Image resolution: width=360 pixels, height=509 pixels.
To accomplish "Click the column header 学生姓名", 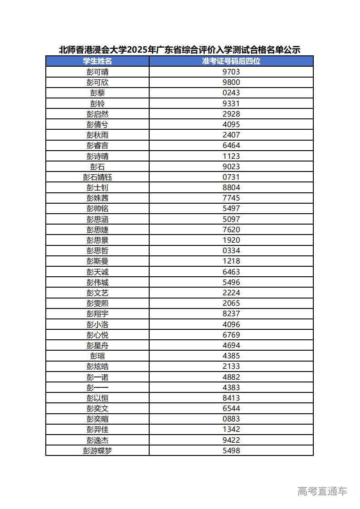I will (97, 61).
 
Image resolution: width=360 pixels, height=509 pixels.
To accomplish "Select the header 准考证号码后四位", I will (231, 61).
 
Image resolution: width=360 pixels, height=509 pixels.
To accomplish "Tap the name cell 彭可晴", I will (97, 72).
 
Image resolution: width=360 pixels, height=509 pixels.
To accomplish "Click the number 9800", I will (231, 82).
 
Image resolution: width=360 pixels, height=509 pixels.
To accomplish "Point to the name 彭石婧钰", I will (97, 177).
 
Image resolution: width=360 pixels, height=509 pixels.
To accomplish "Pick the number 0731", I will (231, 177).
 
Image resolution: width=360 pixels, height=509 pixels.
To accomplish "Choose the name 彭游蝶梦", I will (97, 450).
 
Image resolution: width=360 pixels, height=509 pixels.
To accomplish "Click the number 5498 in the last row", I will (231, 450).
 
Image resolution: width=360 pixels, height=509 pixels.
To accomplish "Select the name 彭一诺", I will (97, 377).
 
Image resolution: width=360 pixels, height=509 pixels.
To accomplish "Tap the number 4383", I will (231, 387).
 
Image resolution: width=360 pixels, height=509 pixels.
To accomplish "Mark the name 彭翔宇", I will (97, 313).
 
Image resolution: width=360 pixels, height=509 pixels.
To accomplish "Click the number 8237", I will (231, 313).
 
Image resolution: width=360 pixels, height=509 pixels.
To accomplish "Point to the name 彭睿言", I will (97, 145).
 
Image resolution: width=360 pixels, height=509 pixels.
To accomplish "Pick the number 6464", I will (231, 145).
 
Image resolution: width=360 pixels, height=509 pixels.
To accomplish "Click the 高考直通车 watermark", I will (322, 490).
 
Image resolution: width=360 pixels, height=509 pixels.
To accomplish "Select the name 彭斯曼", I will (97, 261).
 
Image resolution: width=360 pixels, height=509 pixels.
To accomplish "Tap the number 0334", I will (231, 250).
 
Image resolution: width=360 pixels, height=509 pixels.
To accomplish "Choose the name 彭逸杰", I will (97, 440).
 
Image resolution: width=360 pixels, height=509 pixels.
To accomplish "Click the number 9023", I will (231, 166).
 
